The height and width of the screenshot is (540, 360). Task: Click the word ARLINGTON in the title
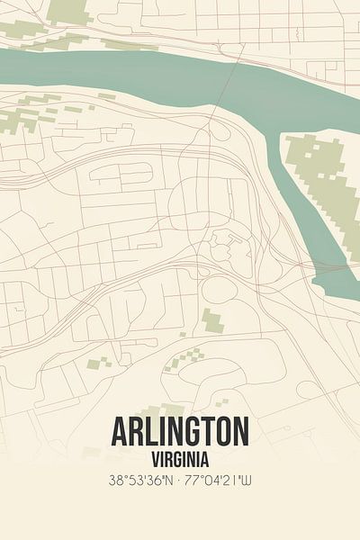point(180,433)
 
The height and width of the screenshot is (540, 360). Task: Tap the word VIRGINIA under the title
point(180,457)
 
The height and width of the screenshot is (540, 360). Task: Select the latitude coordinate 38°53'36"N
point(133,481)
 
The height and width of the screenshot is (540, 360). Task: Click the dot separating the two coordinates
point(179,481)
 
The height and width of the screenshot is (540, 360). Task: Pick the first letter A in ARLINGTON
point(121,433)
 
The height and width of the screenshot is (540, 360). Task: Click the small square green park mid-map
point(211,319)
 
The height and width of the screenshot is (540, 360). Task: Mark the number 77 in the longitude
point(194,481)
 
